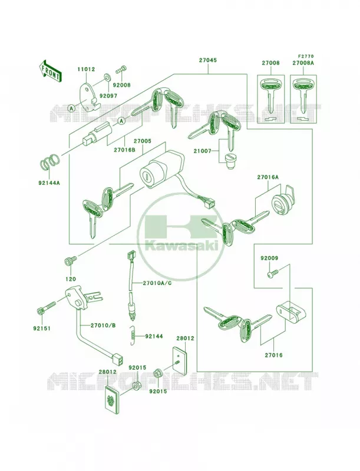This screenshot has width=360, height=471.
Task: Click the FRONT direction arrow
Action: pos(51,71)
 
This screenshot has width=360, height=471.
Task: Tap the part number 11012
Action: pos(86,69)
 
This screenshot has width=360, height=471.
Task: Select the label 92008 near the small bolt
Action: pos(122,85)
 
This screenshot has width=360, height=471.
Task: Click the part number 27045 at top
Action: pos(207,60)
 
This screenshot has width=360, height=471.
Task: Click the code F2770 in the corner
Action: pos(306,56)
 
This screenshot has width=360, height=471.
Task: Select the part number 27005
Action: pos(143,141)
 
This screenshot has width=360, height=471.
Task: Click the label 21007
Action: pos(202,151)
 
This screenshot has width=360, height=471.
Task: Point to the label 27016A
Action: pos(267,177)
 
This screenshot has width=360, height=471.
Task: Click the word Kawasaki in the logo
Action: pos(181,246)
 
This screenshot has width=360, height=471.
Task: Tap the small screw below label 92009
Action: pos(273,273)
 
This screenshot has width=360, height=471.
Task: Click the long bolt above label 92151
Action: pos(47,308)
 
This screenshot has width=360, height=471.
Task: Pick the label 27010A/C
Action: pos(157,283)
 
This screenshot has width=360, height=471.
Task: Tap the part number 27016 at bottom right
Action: pos(273,355)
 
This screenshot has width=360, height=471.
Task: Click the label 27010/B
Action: pos(99,326)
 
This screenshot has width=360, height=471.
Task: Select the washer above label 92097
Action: pos(107,77)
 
